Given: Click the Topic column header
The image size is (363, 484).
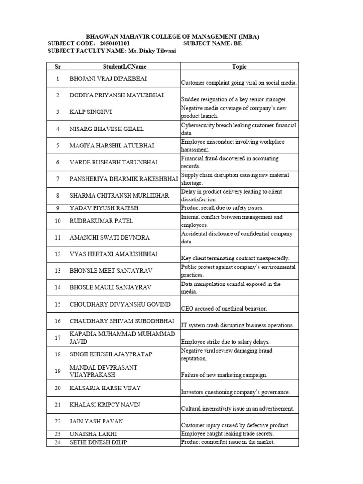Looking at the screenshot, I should [239, 67].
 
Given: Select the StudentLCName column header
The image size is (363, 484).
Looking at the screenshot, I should [124, 67].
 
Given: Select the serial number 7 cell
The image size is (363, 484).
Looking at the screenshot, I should [58, 179].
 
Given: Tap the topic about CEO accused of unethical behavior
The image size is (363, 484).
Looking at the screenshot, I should [224, 308].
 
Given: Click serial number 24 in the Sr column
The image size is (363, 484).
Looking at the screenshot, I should [58, 442].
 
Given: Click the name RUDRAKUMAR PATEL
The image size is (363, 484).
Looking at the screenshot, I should [102, 221].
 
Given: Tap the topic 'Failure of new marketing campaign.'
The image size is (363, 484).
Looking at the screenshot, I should [224, 375].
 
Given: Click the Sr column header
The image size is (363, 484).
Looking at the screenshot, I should [58, 67].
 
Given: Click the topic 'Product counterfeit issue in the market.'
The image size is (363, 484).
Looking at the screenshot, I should [228, 442].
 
